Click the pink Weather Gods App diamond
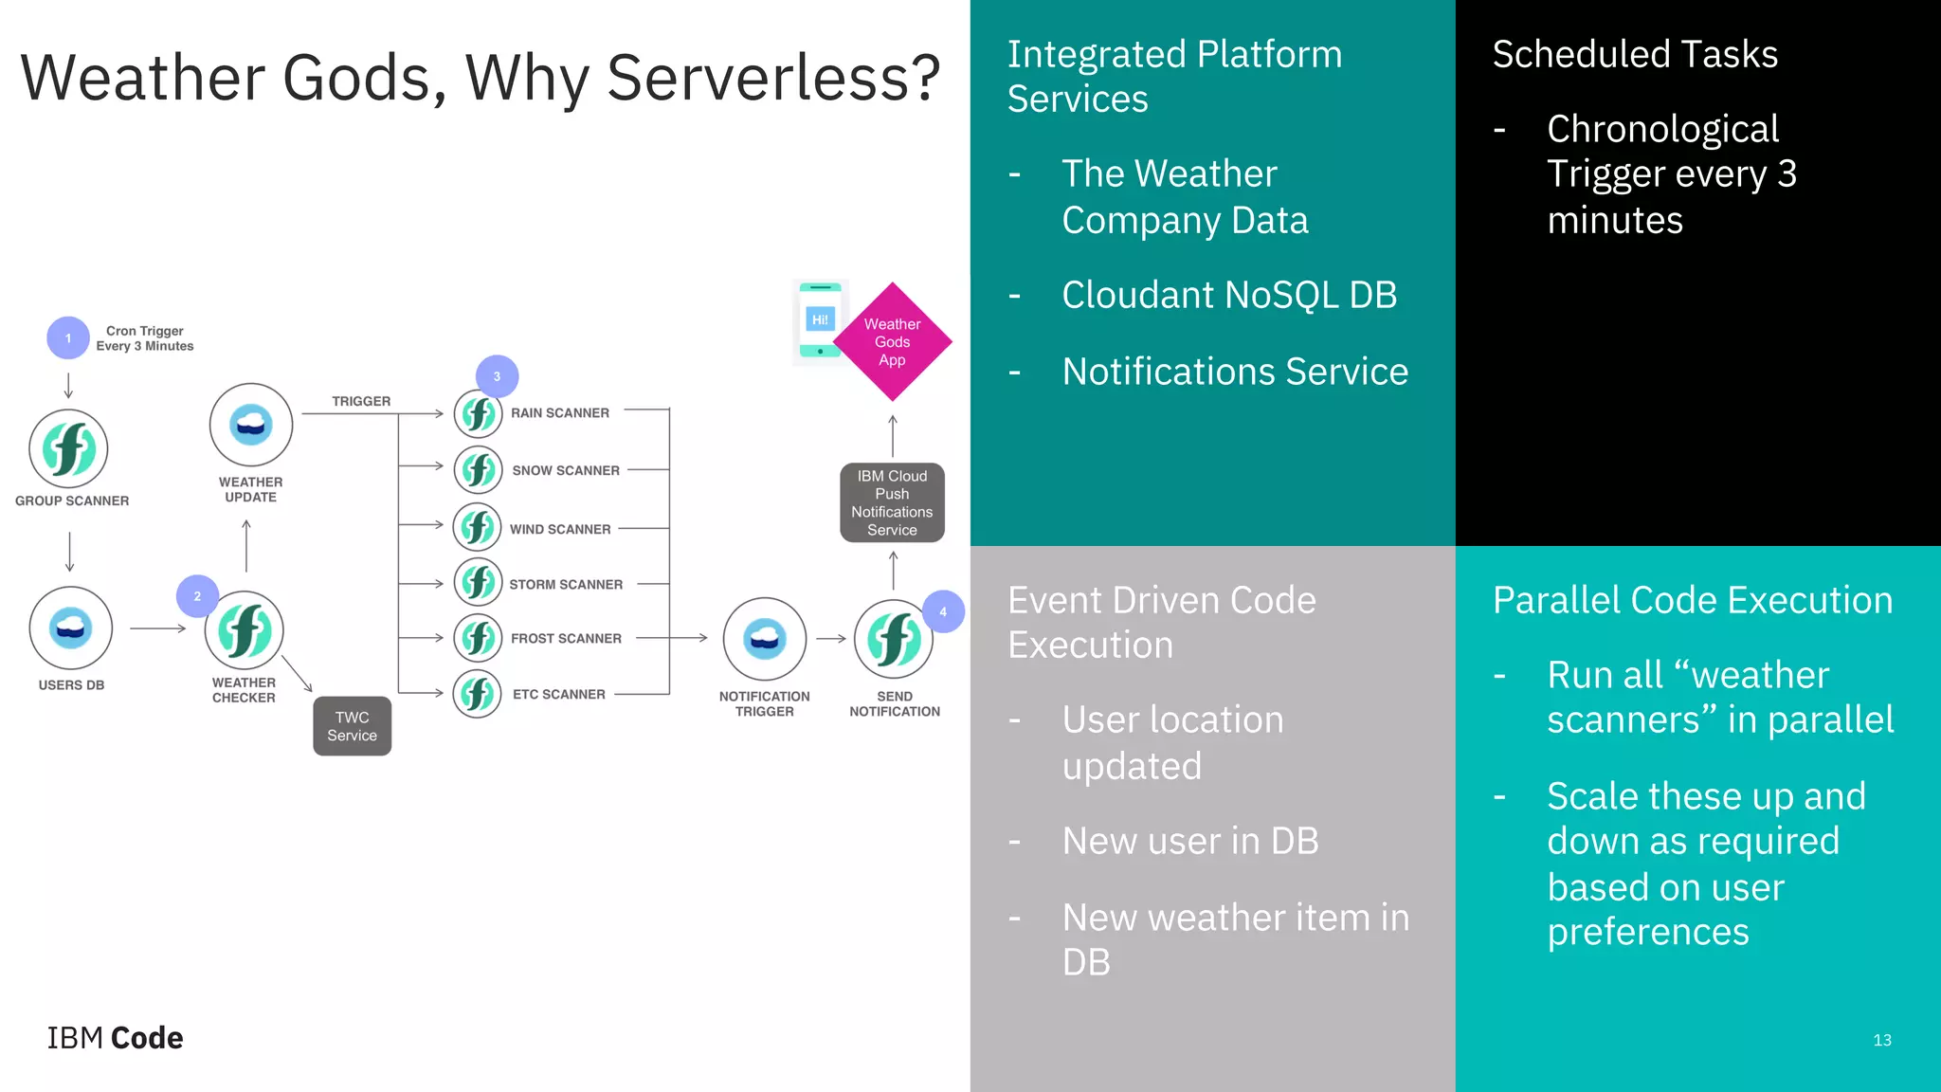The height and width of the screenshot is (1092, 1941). point(892,342)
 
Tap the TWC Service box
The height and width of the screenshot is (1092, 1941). point(352,726)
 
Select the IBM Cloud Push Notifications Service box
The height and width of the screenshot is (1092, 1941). point(892,502)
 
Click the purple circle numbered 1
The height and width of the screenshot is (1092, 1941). point(68,337)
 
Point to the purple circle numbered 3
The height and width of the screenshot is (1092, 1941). point(497,376)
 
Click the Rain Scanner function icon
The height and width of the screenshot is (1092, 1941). point(478,414)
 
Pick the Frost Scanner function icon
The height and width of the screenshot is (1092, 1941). point(478,638)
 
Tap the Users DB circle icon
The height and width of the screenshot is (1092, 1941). point(71,628)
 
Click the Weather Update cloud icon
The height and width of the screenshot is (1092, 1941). point(251,425)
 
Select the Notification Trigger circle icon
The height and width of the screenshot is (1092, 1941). point(764,639)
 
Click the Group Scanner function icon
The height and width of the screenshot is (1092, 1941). point(68,448)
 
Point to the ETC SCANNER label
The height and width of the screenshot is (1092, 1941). point(558,695)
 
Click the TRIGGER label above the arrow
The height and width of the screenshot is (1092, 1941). point(361,402)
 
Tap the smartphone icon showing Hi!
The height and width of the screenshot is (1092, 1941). point(820,320)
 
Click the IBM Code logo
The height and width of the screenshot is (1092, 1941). point(115,1038)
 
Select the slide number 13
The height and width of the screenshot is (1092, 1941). point(1881,1040)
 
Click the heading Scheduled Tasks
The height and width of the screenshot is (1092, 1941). point(1635,54)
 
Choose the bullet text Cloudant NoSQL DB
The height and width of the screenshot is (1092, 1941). point(1229,295)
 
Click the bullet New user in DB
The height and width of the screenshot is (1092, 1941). point(1190,841)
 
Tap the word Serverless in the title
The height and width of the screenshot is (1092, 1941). point(771,78)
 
